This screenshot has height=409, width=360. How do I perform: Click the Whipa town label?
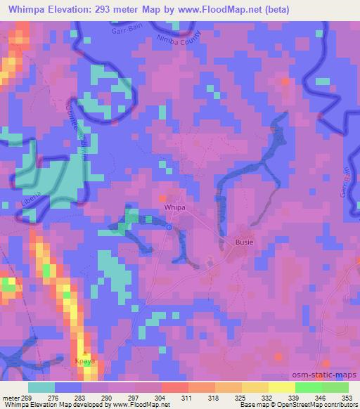click(x=175, y=209)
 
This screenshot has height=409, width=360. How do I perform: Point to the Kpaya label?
click(x=84, y=360)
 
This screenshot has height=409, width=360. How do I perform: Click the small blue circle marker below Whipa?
click(x=169, y=226)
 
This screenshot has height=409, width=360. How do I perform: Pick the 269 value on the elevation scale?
click(x=26, y=398)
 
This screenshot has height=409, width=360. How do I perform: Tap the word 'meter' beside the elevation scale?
click(x=11, y=398)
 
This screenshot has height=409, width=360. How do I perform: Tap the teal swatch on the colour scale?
click(x=41, y=387)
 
